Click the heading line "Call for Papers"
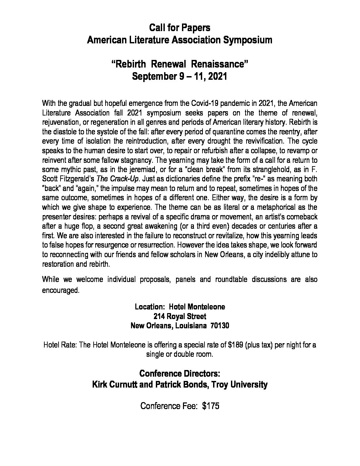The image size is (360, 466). (x=180, y=28)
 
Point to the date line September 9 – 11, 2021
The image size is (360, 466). (x=180, y=76)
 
